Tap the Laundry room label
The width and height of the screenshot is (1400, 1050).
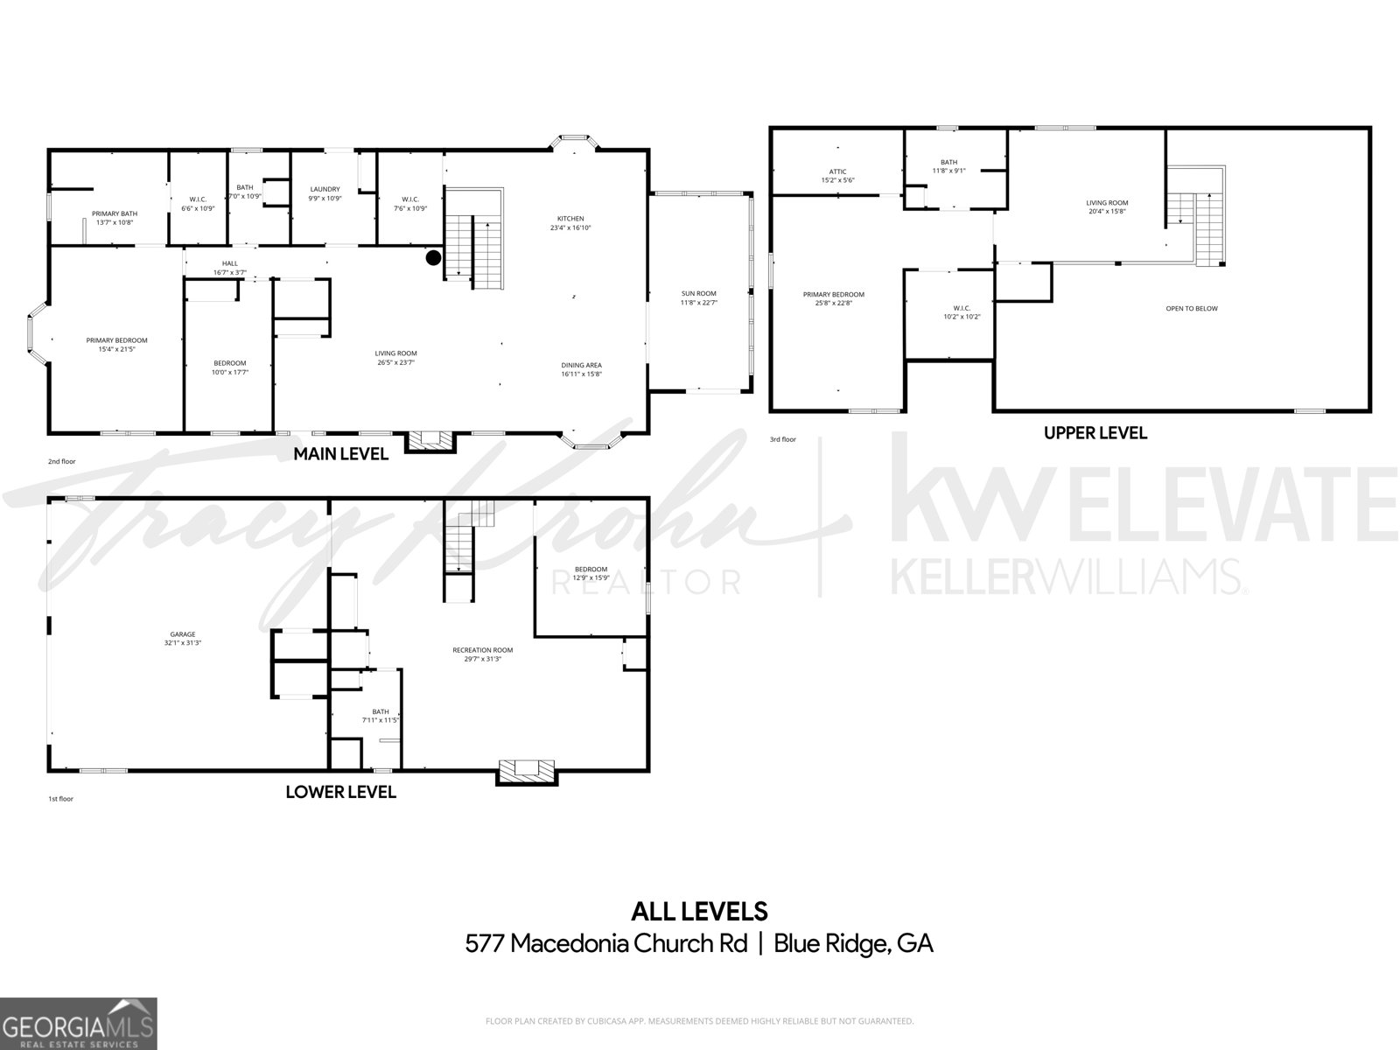(x=325, y=189)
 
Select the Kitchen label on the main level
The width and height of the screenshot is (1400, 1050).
(x=570, y=219)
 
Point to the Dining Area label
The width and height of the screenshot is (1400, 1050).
(x=581, y=365)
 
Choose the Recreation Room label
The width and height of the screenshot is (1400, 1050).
(x=482, y=650)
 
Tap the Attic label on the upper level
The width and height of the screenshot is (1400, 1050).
(x=837, y=171)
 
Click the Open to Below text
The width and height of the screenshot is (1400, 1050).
(x=1191, y=308)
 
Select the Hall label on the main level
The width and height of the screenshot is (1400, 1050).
(x=230, y=263)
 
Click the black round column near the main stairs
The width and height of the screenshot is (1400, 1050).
(x=433, y=257)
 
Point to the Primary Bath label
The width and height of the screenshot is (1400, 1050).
(x=115, y=213)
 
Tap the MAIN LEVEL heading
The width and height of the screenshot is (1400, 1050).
(x=340, y=454)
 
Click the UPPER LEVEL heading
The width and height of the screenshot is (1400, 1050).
(x=1095, y=432)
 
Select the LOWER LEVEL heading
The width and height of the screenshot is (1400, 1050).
(x=340, y=792)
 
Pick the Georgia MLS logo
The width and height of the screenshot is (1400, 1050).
(x=79, y=1023)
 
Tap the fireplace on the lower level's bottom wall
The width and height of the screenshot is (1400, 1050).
(x=527, y=770)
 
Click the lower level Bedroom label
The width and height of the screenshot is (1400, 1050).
(x=591, y=570)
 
